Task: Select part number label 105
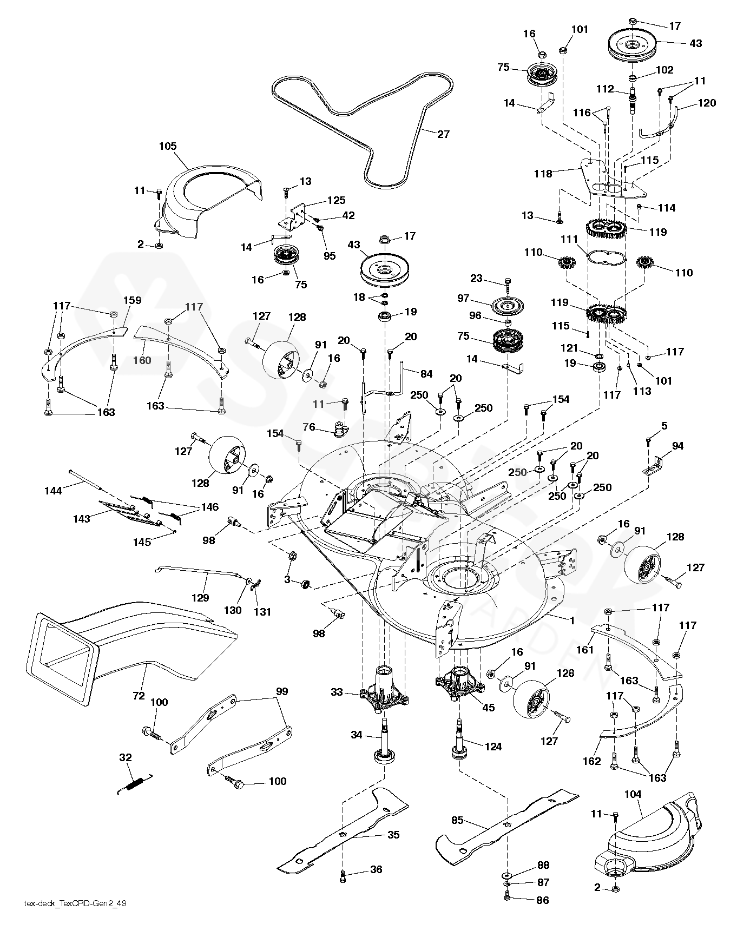[x=168, y=146]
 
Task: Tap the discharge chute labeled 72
[x=124, y=644]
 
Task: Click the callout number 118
[x=543, y=174]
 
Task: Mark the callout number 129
[x=200, y=598]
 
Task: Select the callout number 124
[x=493, y=747]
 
